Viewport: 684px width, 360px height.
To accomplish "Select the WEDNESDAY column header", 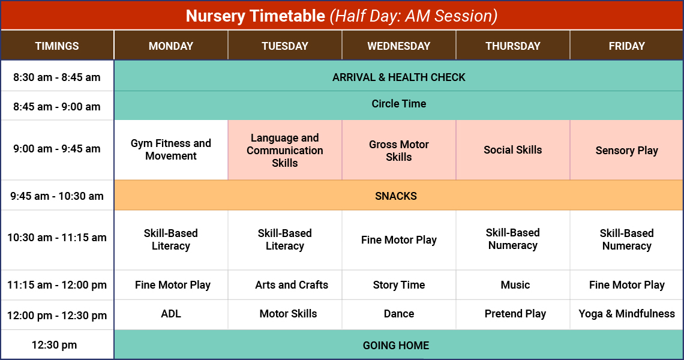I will tap(398, 46).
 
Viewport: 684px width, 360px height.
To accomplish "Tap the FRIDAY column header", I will tap(626, 46).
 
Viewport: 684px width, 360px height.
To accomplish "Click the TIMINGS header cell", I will tap(57, 46).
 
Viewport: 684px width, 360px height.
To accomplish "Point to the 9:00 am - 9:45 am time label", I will tap(57, 149).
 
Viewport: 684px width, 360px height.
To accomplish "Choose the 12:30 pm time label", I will tap(57, 345).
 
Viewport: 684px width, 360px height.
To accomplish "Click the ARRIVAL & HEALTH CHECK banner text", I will tap(398, 77).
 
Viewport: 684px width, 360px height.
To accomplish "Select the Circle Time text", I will tap(398, 104).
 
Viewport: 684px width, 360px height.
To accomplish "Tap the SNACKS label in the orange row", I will tap(396, 196).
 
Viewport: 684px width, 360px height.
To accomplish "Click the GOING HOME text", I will tap(396, 345).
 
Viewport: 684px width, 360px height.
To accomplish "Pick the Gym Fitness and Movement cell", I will tap(171, 149).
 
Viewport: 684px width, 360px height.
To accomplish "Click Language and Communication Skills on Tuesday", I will tap(285, 150).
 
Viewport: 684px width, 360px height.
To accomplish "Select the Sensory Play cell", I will tap(626, 151).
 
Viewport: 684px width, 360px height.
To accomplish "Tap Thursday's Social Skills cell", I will tap(512, 150).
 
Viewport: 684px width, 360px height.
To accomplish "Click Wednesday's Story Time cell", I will tap(398, 285).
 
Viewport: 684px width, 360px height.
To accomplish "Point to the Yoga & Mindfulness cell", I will tap(626, 314).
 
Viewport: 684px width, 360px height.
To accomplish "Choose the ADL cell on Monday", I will tap(171, 314).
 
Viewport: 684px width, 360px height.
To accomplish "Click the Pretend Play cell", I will tap(515, 314).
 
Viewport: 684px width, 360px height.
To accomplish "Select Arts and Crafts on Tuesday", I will tap(292, 285).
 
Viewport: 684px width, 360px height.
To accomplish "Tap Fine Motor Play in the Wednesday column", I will tap(398, 240).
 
